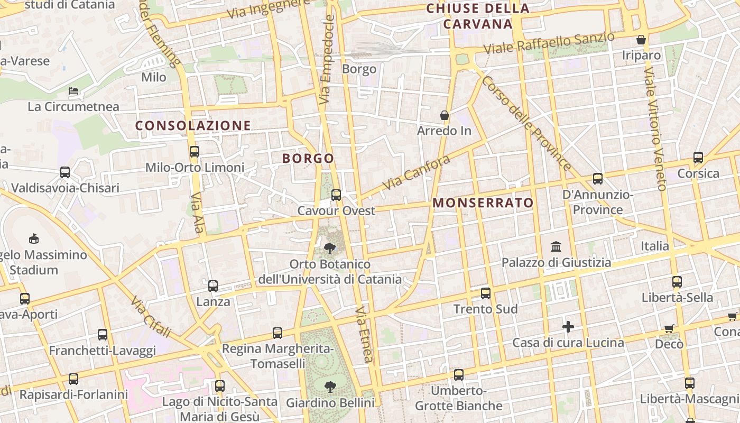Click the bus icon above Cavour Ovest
336,195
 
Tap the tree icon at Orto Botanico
330,248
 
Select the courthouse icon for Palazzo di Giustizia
556,247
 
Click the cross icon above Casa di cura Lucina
568,327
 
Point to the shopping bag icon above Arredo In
445,115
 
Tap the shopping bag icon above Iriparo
641,40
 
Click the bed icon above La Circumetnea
74,91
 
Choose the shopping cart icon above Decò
669,328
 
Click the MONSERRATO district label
483,203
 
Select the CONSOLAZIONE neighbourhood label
193,125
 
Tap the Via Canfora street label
417,172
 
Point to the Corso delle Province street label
526,124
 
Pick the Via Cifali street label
151,317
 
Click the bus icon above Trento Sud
485,293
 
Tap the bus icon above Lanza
213,286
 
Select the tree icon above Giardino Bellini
330,387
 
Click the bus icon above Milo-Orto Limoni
195,152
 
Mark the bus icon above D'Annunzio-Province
598,179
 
